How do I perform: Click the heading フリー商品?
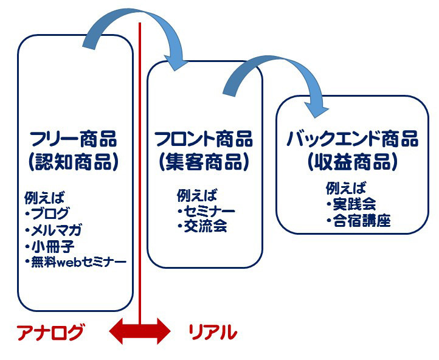(74, 139)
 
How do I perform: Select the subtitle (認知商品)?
(74, 162)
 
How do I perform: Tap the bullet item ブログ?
(50, 213)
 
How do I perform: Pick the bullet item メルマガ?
(56, 230)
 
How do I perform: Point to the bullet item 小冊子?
(53, 247)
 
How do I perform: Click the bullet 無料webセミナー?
(78, 262)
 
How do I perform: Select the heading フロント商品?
(204, 139)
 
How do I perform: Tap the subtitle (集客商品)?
(204, 162)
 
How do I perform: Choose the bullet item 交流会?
(206, 226)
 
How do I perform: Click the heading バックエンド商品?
(353, 139)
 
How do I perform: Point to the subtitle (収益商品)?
(353, 162)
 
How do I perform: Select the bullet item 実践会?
(354, 204)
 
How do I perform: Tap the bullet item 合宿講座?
(362, 221)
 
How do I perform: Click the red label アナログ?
(50, 332)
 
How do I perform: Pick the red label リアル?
(213, 332)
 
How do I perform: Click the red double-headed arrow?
(140, 331)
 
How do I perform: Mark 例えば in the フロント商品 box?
(197, 195)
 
